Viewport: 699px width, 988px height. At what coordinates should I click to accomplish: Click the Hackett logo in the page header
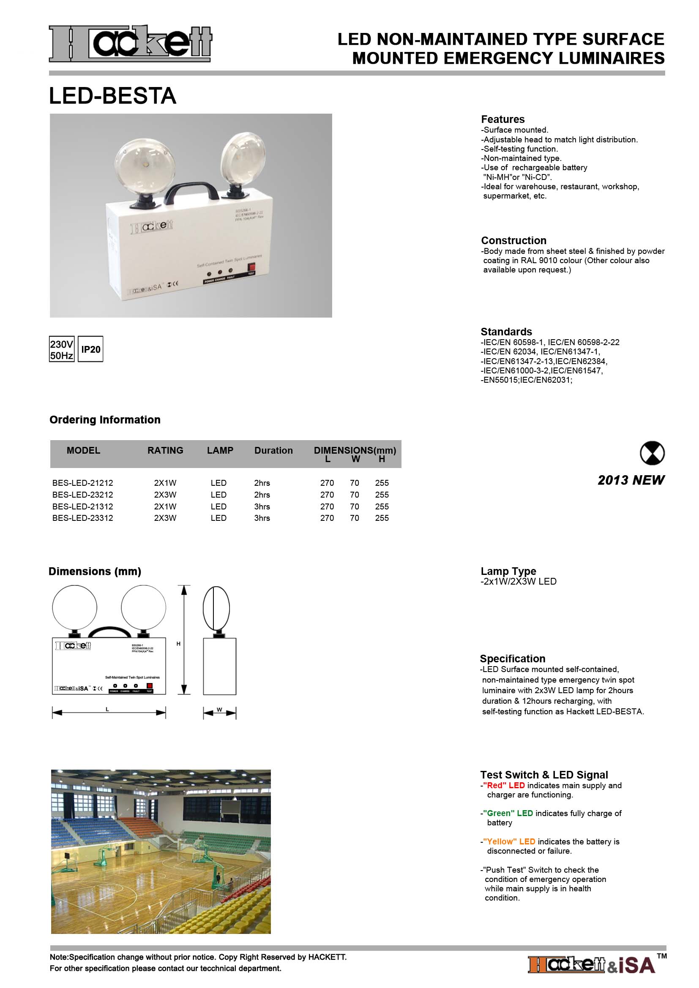[130, 44]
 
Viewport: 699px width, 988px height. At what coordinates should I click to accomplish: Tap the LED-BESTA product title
[113, 95]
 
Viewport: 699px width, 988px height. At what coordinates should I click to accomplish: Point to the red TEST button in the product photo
[251, 268]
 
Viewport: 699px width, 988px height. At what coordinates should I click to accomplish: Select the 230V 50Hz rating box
[62, 349]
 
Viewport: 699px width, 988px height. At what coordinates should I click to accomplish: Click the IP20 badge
[90, 349]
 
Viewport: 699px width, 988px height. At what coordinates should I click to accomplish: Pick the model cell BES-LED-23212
[83, 495]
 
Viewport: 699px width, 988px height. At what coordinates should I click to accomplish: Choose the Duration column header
[273, 451]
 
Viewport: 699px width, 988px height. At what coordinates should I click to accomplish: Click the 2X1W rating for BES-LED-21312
[165, 506]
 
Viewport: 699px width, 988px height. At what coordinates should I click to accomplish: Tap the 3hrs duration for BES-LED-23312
[262, 518]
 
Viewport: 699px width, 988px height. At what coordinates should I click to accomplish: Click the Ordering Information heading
[105, 419]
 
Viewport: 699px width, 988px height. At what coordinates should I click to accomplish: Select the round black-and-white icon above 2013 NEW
[652, 453]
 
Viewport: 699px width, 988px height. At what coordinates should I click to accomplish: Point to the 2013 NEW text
[631, 480]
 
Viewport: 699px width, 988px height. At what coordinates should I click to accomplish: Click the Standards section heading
[506, 332]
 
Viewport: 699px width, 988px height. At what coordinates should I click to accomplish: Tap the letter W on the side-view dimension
[219, 710]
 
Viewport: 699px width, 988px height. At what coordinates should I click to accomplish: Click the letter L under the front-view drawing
[107, 709]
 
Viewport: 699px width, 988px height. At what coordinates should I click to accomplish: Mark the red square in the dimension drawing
[149, 686]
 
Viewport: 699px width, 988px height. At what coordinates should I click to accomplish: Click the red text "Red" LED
[504, 785]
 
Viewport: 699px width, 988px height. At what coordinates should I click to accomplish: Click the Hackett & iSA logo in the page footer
[592, 965]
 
